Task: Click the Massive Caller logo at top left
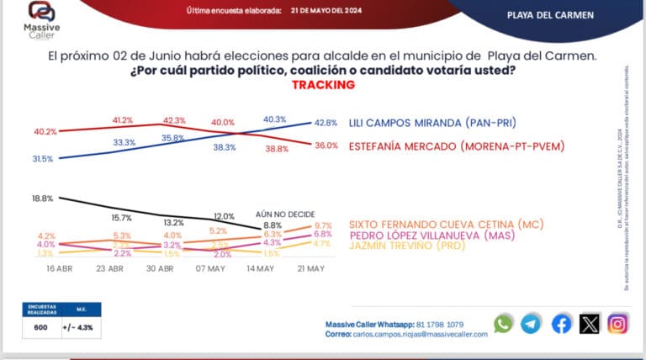[x=40, y=18]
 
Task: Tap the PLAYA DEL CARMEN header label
[x=551, y=15]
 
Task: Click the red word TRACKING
[x=323, y=85]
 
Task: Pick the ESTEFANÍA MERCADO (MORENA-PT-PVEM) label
[x=456, y=146]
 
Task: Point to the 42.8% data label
[x=326, y=122]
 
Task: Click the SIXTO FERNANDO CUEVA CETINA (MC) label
[x=447, y=224]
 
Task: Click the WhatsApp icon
[x=503, y=324]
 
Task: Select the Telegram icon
[x=531, y=324]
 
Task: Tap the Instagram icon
[x=618, y=324]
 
